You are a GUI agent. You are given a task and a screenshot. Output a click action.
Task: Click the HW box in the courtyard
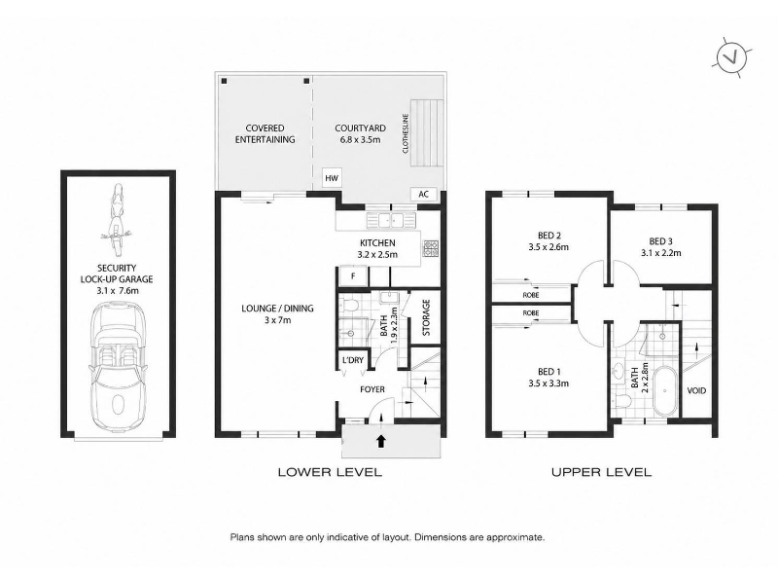(x=332, y=178)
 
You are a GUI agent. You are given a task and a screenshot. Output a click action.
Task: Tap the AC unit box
(x=423, y=194)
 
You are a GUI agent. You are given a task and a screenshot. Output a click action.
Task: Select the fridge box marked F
(x=353, y=276)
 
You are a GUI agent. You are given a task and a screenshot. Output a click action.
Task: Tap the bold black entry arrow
(x=380, y=441)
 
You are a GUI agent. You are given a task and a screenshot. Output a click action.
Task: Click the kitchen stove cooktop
(x=430, y=249)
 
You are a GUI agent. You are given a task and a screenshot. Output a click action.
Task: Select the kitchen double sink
(x=391, y=220)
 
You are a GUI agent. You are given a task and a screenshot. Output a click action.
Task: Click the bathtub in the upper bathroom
(x=665, y=392)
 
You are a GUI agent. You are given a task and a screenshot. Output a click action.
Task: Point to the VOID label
(x=696, y=391)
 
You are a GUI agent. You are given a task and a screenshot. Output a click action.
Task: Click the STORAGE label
(x=426, y=317)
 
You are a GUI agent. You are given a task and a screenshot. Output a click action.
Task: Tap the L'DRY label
(x=353, y=360)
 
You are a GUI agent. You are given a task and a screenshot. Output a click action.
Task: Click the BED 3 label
(x=660, y=241)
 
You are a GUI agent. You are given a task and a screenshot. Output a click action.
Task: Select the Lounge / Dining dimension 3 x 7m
(x=277, y=320)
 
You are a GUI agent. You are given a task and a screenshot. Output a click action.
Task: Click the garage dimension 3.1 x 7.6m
(x=118, y=290)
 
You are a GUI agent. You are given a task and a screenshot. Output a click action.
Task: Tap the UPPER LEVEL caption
(x=601, y=472)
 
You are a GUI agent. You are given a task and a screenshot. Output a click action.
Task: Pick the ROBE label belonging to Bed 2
(x=531, y=295)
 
